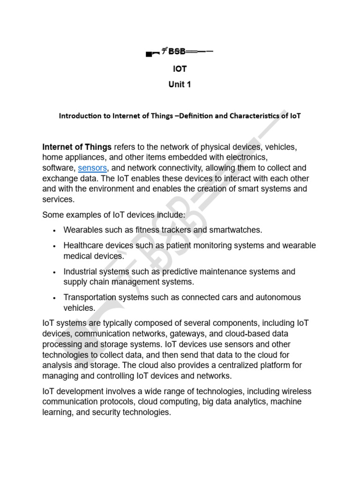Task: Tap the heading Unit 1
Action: point(180,85)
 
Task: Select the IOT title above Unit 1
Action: point(180,69)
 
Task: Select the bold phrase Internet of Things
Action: point(77,147)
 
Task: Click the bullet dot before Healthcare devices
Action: point(55,246)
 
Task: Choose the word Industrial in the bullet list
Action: point(80,271)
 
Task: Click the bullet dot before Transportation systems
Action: point(55,298)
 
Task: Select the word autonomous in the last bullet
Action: point(276,297)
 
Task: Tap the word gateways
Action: point(200,333)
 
